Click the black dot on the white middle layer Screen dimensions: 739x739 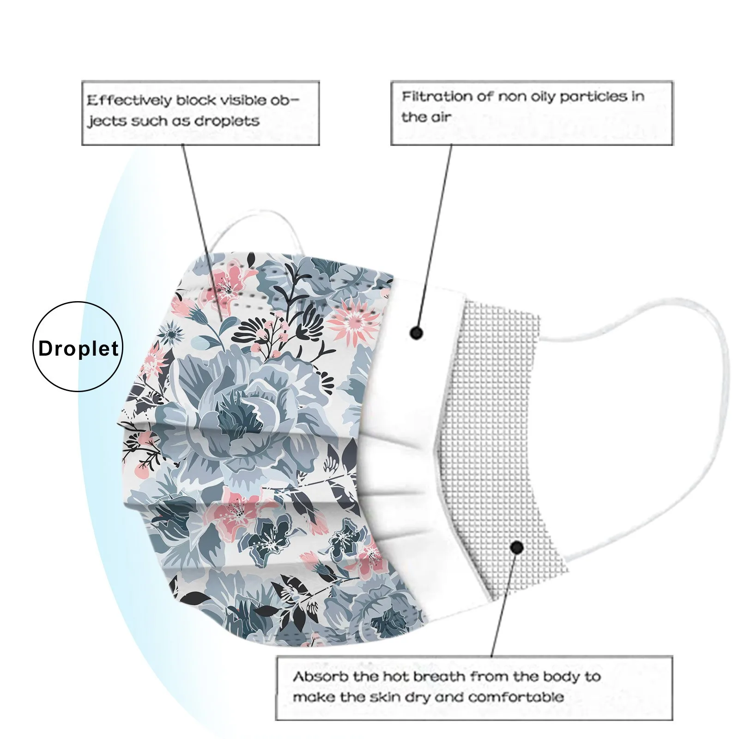coord(417,332)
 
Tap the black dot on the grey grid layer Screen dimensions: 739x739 coord(517,548)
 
